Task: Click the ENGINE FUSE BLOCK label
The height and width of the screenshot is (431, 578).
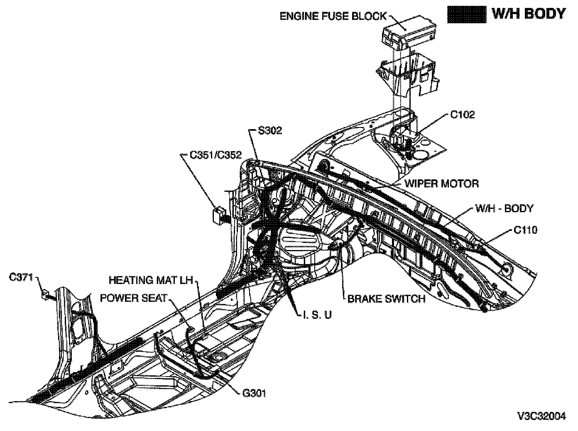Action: click(x=333, y=17)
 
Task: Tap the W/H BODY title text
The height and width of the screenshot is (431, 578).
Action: click(x=528, y=14)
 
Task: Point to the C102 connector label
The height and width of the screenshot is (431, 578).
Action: click(x=463, y=115)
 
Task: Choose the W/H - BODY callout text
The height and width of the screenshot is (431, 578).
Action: click(x=504, y=208)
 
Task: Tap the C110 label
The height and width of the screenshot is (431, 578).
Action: click(x=525, y=230)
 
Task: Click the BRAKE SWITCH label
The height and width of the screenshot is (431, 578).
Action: click(x=386, y=299)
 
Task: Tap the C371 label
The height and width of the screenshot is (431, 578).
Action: click(x=21, y=277)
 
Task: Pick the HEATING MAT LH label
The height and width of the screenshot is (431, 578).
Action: click(x=151, y=280)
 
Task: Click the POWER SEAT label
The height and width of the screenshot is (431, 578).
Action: click(x=134, y=298)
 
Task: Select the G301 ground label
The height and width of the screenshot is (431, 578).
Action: click(x=254, y=392)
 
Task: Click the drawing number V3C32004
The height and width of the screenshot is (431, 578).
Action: click(x=541, y=416)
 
